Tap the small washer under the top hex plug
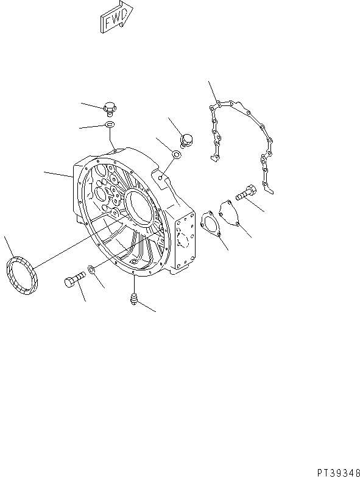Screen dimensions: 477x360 (x=110, y=125)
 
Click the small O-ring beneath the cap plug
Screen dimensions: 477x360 (x=175, y=155)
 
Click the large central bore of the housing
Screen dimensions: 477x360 (x=141, y=207)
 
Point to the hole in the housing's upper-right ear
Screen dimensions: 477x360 (x=160, y=177)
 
